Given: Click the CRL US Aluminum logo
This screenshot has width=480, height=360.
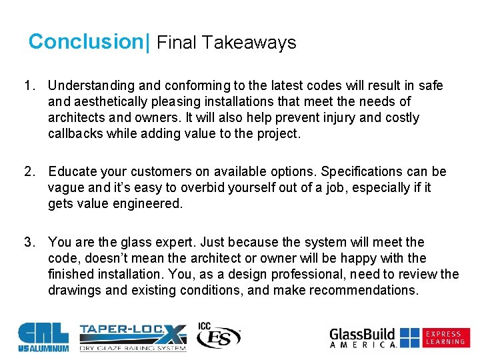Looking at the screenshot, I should point(43,337).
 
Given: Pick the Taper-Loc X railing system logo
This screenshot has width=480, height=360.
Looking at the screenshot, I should point(132,337).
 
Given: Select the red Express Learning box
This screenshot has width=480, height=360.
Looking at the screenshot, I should point(446,337).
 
